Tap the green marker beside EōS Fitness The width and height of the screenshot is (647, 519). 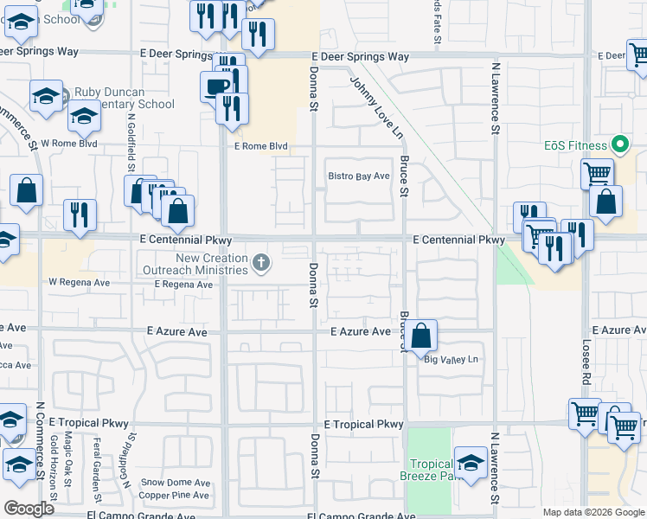(x=619, y=144)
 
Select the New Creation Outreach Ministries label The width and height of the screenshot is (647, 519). (x=212, y=264)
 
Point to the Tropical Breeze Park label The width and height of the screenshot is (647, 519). (x=430, y=470)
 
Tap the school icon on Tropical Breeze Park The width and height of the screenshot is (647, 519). (x=471, y=462)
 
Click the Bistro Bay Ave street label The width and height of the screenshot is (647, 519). (x=359, y=176)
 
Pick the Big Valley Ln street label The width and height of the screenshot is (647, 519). (x=451, y=360)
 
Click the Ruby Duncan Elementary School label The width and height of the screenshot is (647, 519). (x=125, y=98)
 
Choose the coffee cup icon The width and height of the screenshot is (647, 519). (x=216, y=86)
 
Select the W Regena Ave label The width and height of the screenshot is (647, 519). (x=79, y=282)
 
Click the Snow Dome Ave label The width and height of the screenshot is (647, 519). (x=176, y=483)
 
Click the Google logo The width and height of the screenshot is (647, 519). (x=29, y=509)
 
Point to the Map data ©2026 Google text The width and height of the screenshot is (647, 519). (x=592, y=512)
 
